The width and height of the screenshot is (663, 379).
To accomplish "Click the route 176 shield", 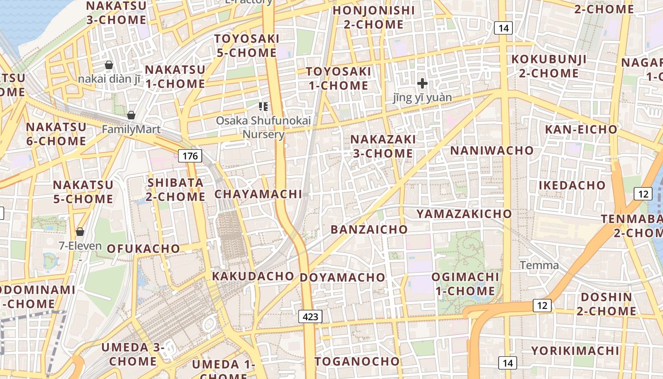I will point(190,155).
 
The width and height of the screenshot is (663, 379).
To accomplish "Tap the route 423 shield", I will point(311,316).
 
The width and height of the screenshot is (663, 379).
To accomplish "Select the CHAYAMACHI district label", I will point(258,194).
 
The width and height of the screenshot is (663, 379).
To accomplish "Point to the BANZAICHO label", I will point(369,229).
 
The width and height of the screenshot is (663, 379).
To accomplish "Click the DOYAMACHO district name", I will point(343,277).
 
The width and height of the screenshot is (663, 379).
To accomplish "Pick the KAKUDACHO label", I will point(253,276).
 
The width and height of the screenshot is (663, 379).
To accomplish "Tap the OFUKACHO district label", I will point(143,248).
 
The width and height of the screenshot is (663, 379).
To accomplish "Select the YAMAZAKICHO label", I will point(464,214).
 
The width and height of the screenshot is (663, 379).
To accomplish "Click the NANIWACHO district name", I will point(492,151).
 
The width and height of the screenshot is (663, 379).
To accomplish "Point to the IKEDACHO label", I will point(572,185).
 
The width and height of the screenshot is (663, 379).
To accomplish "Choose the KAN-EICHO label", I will point(581,129).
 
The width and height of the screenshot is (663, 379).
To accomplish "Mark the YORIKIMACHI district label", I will point(575,351).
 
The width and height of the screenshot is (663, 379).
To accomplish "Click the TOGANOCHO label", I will point(358,361).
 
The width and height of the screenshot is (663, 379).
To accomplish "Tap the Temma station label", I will point(539,265).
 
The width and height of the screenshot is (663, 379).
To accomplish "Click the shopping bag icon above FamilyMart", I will point(131,115).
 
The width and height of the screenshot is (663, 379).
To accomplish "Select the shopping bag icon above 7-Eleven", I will point(80,232).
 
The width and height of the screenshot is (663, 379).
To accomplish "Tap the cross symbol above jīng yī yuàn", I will point(422,84).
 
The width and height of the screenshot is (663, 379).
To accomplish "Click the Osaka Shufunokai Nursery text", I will point(263,127).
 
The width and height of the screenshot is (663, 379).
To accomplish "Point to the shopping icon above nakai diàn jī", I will point(109,65).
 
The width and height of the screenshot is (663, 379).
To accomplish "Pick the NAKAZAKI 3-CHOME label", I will point(383,146).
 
